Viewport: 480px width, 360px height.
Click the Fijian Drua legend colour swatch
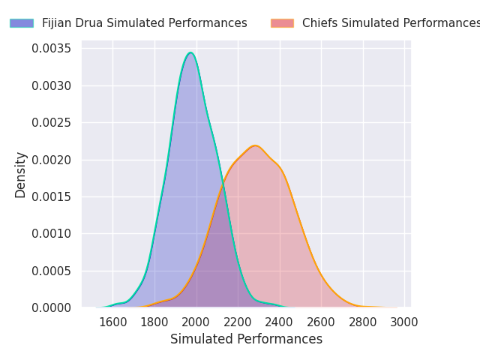22,23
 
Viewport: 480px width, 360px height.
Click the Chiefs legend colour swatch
282,23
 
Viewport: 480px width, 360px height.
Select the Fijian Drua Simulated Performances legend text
144,23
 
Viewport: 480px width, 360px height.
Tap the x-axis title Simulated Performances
246,339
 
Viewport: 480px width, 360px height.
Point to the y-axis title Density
21,175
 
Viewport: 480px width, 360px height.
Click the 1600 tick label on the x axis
112,322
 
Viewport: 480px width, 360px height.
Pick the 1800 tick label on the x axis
154,322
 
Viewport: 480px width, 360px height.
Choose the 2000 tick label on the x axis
196,322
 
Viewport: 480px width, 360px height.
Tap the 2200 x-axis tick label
238,322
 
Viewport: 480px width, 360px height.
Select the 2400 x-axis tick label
280,322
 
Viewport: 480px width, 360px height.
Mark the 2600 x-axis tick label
321,322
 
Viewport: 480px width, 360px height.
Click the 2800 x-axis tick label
363,322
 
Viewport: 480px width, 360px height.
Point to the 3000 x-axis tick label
404,322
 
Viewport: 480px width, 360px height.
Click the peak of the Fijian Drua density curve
190,52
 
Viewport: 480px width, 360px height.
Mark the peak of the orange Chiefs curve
255,145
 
